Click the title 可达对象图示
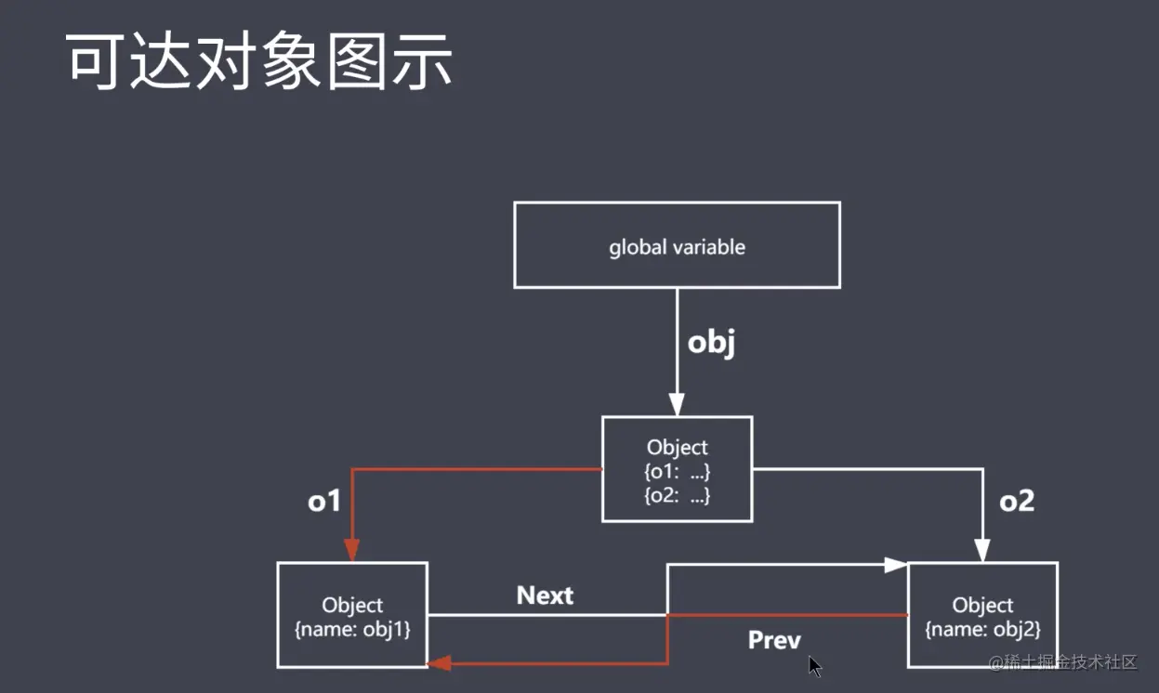pos(260,62)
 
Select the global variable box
pos(677,246)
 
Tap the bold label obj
pos(711,343)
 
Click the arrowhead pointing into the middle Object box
pos(677,404)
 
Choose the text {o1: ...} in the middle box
pos(677,472)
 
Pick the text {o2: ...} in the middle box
pos(677,496)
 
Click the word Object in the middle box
pos(677,448)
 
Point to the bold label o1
pos(324,502)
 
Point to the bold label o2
pos(1017,502)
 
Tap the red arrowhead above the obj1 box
pos(352,550)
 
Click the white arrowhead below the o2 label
pos(982,550)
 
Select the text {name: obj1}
pos(352,629)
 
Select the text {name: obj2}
pos(982,629)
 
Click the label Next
pos(545,595)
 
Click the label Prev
pos(773,640)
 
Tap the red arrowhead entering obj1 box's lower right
pos(439,663)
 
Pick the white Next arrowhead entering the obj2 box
pos(896,564)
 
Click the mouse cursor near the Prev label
pos(814,666)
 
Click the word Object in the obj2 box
pos(982,606)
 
